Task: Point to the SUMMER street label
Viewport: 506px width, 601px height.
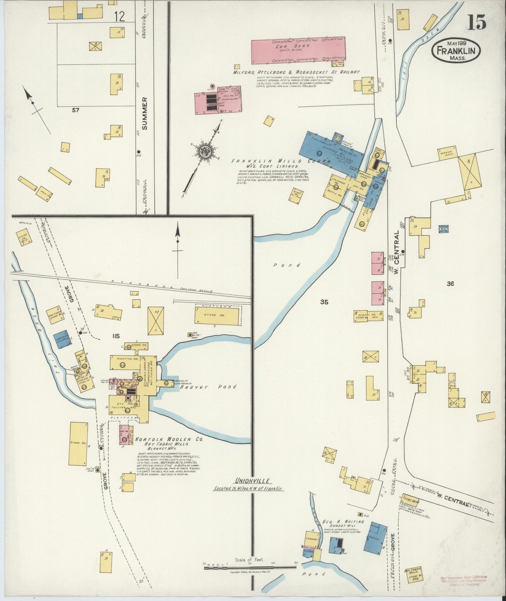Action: tap(145, 113)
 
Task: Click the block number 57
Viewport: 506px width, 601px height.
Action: tap(75, 110)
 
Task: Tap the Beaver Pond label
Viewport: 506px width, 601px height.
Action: tap(209, 387)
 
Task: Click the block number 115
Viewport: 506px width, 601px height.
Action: tap(116, 336)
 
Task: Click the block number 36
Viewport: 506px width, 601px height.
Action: tap(450, 284)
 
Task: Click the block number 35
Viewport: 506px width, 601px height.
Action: tap(324, 302)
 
